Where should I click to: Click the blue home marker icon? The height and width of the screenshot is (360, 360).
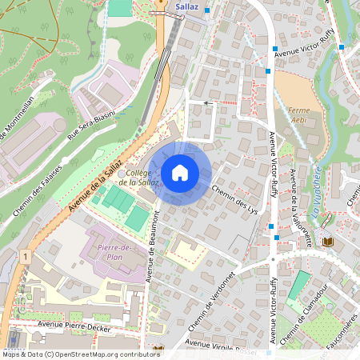(180, 173)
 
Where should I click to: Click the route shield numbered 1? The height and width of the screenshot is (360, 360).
(26, 257)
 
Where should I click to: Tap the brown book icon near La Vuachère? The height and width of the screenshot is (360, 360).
(327, 240)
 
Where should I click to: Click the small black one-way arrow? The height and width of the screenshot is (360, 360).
(206, 103)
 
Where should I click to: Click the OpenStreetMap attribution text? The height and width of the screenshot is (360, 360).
(80, 354)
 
